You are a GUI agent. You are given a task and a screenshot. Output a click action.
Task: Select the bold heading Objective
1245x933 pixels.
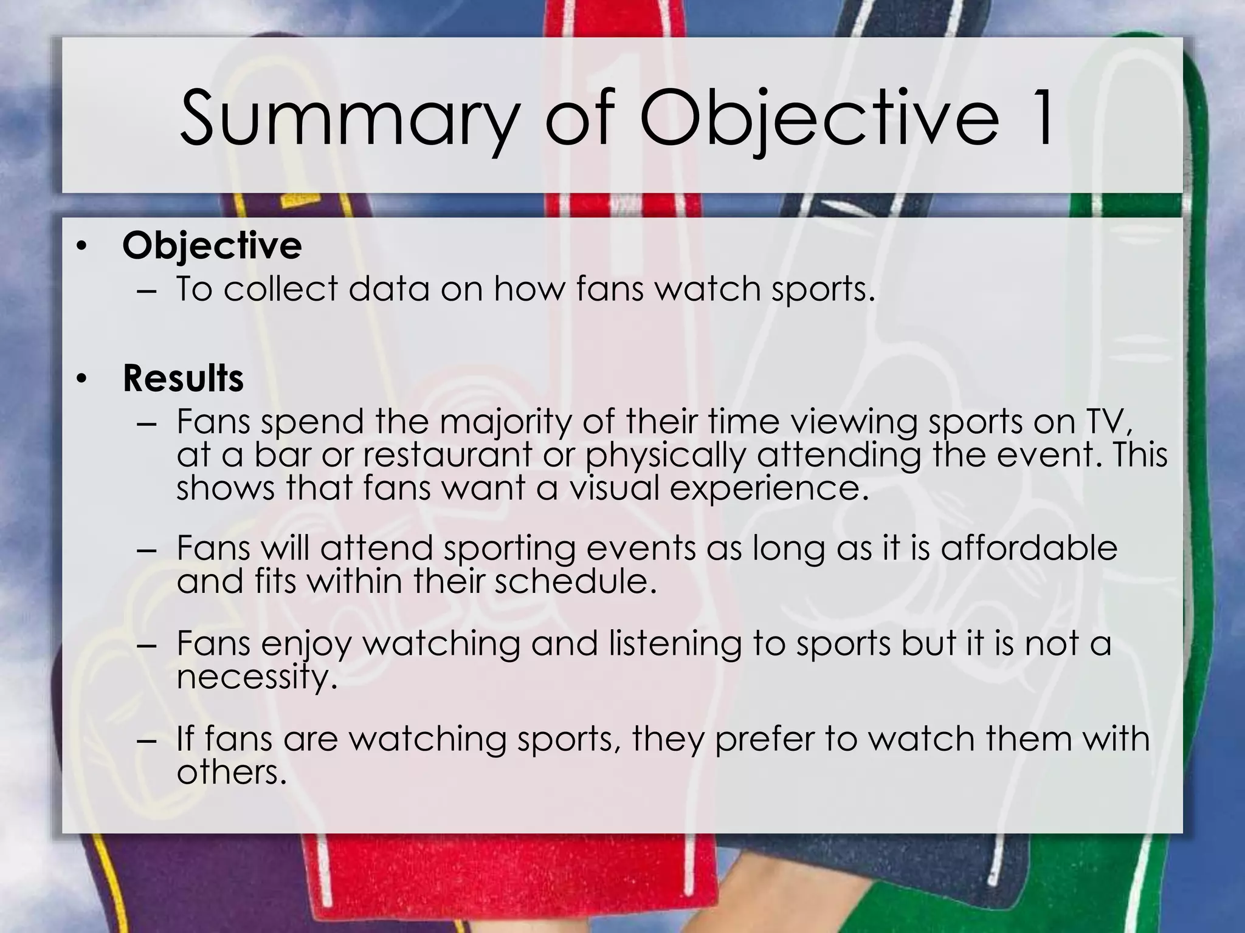click(x=212, y=246)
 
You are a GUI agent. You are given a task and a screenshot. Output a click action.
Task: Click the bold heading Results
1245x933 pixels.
click(x=183, y=378)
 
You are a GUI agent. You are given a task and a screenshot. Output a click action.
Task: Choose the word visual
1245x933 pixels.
click(x=613, y=488)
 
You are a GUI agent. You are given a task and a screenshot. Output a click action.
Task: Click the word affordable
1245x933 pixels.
click(x=1029, y=548)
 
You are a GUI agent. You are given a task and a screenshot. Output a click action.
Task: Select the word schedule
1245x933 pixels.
click(x=575, y=581)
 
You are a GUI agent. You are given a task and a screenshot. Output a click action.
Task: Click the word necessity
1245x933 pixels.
click(x=256, y=677)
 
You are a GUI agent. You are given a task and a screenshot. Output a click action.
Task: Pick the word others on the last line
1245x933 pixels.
click(x=231, y=773)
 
